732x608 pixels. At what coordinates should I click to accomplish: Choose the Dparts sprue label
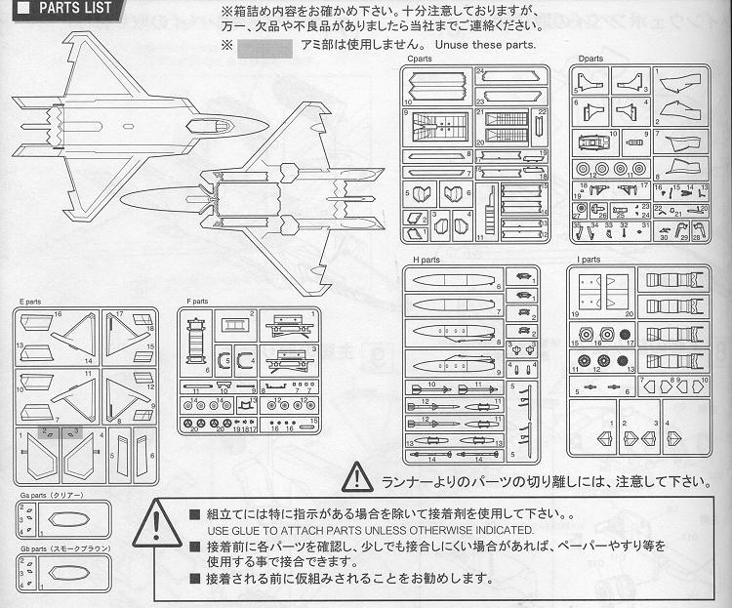(590, 59)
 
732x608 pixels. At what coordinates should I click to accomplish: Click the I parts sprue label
(589, 261)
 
